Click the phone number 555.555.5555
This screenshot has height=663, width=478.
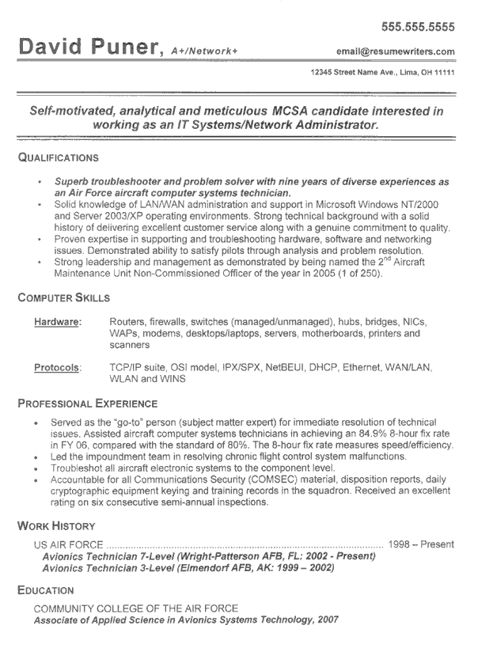[418, 26]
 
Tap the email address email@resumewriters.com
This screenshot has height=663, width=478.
[395, 52]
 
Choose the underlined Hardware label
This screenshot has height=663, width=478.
[58, 322]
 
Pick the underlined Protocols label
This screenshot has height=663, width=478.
[58, 368]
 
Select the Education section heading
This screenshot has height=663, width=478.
[46, 589]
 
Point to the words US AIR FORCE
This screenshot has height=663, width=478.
[68, 545]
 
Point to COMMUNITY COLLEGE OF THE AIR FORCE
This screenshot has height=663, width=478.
[135, 608]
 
